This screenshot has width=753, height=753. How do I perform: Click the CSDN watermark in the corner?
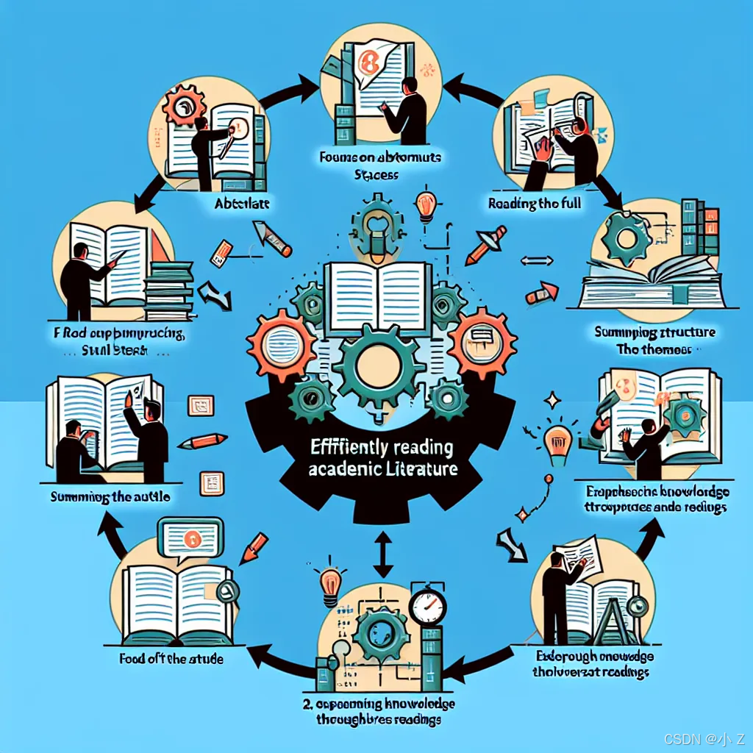click(704, 738)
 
